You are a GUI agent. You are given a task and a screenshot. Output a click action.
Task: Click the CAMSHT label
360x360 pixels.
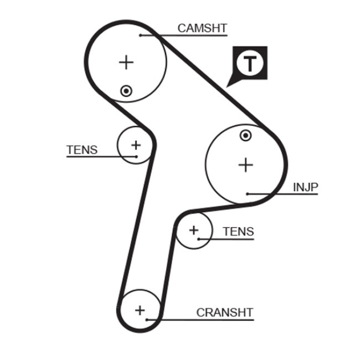pyautogui.click(x=202, y=28)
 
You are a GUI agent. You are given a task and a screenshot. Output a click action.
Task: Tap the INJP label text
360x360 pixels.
pyautogui.click(x=306, y=187)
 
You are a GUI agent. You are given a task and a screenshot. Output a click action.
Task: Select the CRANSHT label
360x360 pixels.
pyautogui.click(x=224, y=312)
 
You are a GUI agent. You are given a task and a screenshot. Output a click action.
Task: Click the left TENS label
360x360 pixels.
pyautogui.click(x=82, y=150)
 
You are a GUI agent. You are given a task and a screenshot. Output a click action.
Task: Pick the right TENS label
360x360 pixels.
pyautogui.click(x=238, y=232)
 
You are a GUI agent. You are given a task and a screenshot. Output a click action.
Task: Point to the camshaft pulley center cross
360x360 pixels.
pyautogui.click(x=127, y=61)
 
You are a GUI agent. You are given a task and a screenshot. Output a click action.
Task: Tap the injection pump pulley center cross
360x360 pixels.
pyautogui.click(x=245, y=164)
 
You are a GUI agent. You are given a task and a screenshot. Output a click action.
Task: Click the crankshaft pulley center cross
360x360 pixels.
pyautogui.click(x=140, y=310)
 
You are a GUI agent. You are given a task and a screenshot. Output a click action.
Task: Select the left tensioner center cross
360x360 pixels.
pyautogui.click(x=135, y=145)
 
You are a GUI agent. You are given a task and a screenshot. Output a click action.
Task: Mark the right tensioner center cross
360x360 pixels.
pyautogui.click(x=194, y=229)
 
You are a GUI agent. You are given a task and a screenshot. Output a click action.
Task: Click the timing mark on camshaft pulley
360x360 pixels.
pyautogui.click(x=127, y=91)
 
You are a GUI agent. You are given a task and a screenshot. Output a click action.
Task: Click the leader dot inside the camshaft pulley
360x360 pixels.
pyautogui.click(x=141, y=35)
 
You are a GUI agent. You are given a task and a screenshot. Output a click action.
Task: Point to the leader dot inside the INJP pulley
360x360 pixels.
pyautogui.click(x=248, y=194)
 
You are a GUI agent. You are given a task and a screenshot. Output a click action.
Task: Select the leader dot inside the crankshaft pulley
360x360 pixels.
pyautogui.click(x=147, y=319)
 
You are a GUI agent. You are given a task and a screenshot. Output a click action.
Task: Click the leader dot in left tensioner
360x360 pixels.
pyautogui.click(x=136, y=156)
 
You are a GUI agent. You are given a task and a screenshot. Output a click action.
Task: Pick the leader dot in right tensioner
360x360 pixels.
pyautogui.click(x=198, y=239)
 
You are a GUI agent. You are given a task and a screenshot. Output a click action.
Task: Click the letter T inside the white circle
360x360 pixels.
pyautogui.click(x=251, y=63)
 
